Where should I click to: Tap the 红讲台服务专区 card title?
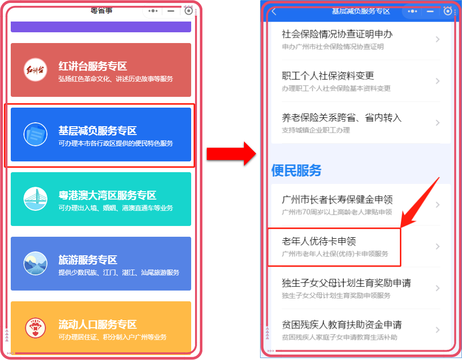(x=93, y=66)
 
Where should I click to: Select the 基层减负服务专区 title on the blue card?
(x=98, y=131)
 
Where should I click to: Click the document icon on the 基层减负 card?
(x=35, y=134)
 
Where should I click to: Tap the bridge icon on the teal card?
(x=35, y=199)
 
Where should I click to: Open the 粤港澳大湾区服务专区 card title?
(x=108, y=196)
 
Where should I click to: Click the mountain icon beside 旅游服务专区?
(x=35, y=263)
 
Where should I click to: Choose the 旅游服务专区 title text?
(x=88, y=260)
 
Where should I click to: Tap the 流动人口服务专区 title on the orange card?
(x=98, y=324)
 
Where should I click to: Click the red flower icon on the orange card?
(x=35, y=328)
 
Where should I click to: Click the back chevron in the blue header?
(x=274, y=12)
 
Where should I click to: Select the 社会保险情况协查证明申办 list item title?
(x=337, y=34)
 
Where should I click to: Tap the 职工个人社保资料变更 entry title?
(x=328, y=76)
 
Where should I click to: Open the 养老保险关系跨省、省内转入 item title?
(x=342, y=118)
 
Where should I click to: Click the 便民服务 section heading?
(x=296, y=170)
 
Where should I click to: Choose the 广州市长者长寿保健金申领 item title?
(x=337, y=200)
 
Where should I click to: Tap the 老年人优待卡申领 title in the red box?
(x=319, y=241)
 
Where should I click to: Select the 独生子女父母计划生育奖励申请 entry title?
(x=347, y=283)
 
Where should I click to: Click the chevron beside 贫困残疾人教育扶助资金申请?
(x=438, y=330)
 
